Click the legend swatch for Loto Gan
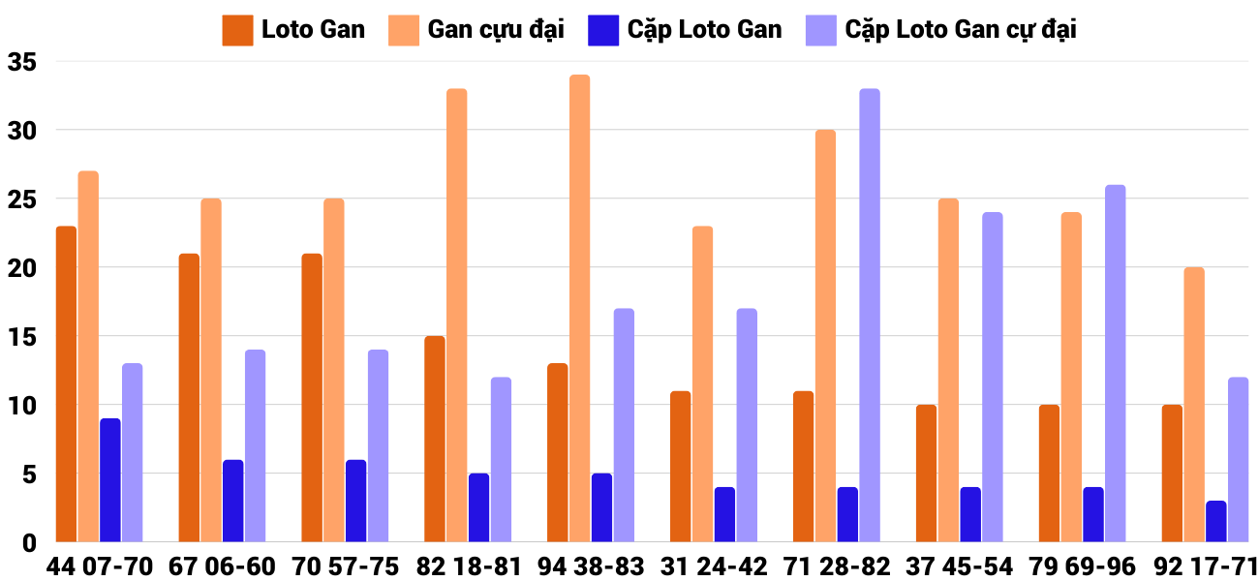click(237, 30)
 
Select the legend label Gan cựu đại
click(495, 30)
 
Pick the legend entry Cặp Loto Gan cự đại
click(960, 30)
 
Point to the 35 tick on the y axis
click(21, 62)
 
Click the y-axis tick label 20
click(21, 268)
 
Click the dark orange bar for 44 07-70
click(66, 383)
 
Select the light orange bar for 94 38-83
click(579, 308)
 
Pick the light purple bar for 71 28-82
click(870, 315)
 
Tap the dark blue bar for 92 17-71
click(1215, 521)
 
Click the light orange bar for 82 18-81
click(456, 315)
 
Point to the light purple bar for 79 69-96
click(1115, 363)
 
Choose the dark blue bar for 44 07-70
click(110, 479)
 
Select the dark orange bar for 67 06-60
click(189, 397)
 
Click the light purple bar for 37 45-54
click(993, 377)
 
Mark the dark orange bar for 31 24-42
click(680, 466)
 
